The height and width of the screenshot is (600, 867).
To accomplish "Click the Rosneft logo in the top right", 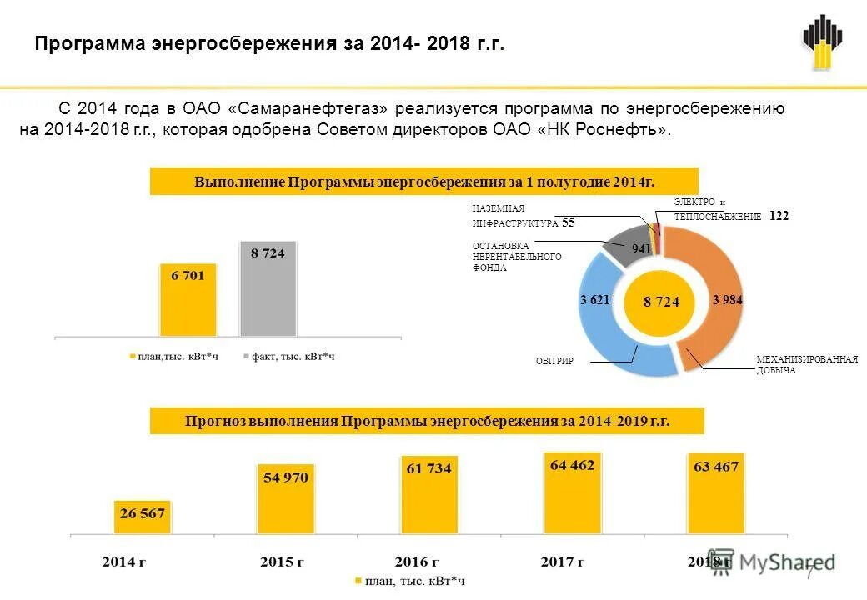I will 822,43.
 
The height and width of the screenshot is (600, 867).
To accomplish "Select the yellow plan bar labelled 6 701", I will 188,300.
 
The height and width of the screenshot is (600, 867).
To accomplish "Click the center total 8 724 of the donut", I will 661,302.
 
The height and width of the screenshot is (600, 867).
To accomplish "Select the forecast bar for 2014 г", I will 143,517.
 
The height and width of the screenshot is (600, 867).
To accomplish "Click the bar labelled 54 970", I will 286,498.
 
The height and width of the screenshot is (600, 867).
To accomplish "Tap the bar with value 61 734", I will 428,494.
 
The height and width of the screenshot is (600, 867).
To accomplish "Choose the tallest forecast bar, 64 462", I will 572,492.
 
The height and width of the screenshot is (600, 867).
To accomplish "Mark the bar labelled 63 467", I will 715,492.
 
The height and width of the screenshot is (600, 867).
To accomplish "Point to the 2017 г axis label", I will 562,562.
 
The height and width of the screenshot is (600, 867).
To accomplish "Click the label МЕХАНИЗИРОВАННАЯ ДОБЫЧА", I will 806,364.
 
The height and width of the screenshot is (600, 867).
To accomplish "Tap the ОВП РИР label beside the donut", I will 554,361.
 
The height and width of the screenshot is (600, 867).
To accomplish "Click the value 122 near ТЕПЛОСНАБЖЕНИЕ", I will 779,216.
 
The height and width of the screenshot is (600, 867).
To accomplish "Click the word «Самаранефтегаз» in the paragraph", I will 308,108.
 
